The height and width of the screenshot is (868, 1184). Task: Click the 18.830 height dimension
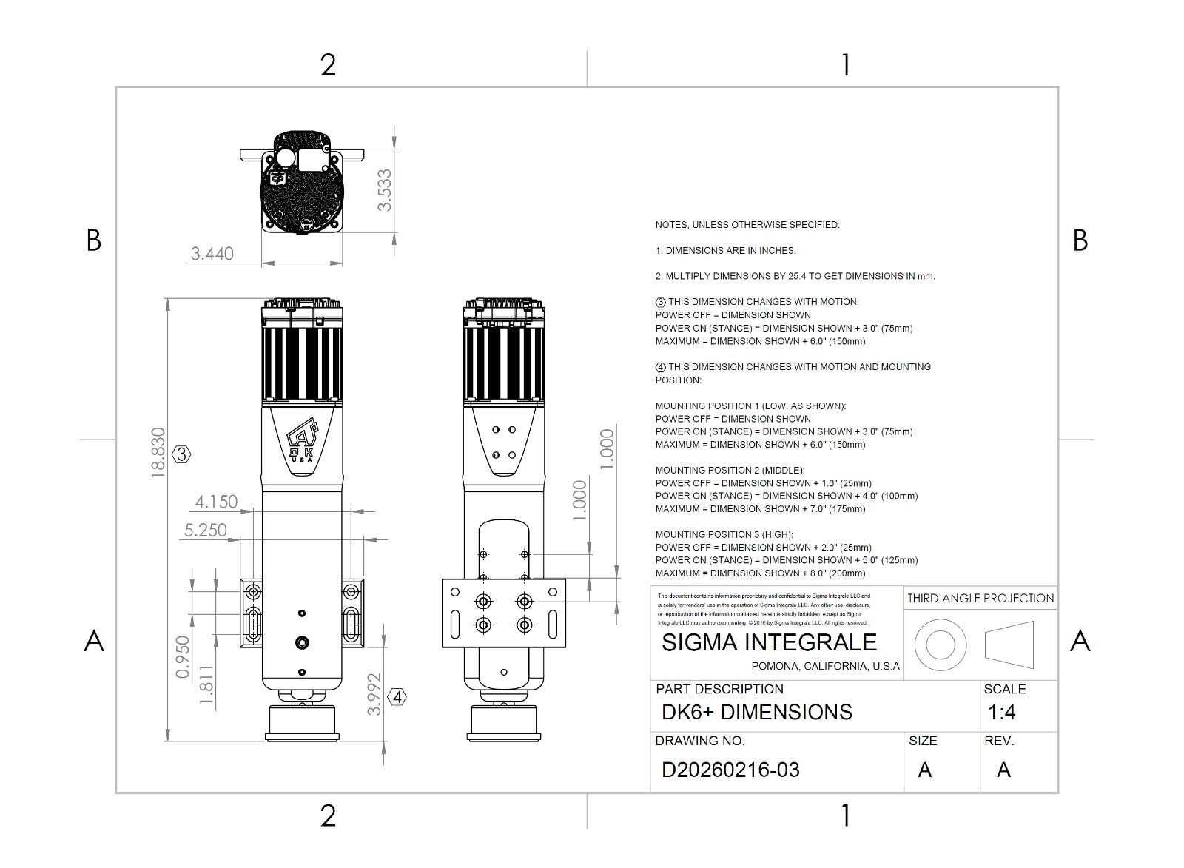pos(158,452)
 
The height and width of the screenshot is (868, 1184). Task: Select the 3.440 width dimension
pos(212,254)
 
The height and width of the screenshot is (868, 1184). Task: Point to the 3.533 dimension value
pos(385,190)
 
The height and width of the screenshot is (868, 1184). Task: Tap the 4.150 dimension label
pos(216,502)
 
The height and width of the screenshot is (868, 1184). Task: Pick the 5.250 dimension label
pos(206,530)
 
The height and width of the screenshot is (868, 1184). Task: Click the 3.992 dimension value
pos(375,693)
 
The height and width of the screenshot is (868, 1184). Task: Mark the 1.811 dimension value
pos(207,684)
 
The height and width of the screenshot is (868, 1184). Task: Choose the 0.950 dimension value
pos(183,656)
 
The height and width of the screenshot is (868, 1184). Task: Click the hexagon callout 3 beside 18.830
pos(181,454)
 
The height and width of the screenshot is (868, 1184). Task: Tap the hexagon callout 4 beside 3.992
pos(397,697)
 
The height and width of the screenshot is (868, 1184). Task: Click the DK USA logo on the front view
pos(302,442)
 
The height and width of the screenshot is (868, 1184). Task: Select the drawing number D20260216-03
pos(730,770)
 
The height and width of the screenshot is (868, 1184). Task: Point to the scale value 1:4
pos(1002,713)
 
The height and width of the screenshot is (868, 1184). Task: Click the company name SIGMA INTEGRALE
pos(769,642)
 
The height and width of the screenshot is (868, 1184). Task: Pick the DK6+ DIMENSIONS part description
pos(757,713)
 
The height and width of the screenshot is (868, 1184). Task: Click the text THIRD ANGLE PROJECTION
pos(980,598)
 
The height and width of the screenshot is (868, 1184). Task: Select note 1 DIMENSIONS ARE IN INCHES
pos(725,250)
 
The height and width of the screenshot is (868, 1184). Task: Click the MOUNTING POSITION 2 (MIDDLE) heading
pos(730,470)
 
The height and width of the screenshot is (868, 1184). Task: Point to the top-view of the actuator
pos(303,184)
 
